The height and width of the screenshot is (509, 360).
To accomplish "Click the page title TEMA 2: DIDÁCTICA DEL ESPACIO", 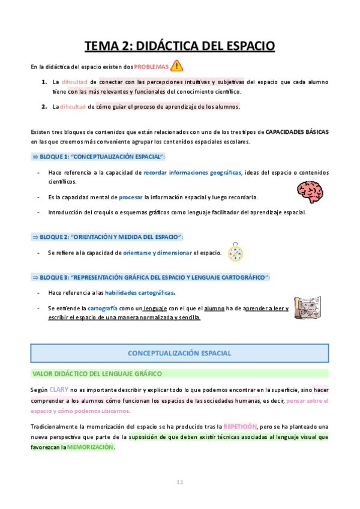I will pos(179,46).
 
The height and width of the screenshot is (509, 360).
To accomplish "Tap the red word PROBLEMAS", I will pos(152,67).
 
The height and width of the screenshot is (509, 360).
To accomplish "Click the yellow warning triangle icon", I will pos(177,66).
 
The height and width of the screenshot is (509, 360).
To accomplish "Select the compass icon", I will pos(236,253).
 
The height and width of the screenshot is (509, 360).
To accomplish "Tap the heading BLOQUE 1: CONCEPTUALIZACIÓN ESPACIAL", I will pos(98,157).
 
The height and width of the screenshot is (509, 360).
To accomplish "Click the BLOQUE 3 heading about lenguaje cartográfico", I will pos(150,277).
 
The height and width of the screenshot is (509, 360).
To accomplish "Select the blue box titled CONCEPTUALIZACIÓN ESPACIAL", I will pos(179,353).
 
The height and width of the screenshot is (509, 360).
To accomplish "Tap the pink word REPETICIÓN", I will pos(241,426).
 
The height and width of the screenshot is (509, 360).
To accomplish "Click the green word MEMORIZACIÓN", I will pos(90,448).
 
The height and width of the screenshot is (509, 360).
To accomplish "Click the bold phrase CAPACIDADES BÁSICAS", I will pos(296,131).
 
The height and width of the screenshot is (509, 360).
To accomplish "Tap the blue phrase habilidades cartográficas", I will pos(140,293).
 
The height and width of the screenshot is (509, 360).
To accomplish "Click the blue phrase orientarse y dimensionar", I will pos(157,253).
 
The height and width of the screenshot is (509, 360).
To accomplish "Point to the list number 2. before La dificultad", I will pos(44,107).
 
